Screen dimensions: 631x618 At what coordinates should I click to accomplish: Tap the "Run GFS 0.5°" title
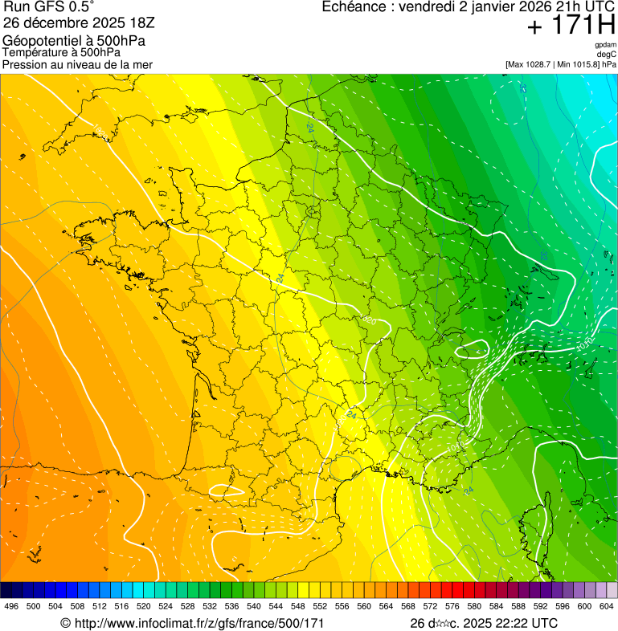48,8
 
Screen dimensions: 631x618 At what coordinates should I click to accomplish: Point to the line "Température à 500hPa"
61,52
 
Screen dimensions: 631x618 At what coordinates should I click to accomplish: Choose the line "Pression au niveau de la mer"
77,64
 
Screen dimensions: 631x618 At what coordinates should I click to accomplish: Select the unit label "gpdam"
605,45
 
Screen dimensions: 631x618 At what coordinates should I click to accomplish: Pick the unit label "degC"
607,54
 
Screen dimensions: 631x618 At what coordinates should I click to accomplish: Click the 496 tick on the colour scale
11,606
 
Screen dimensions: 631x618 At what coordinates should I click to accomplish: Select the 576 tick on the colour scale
452,606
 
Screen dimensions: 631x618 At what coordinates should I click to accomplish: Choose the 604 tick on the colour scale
607,606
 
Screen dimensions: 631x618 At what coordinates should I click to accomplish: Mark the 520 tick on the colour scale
144,606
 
